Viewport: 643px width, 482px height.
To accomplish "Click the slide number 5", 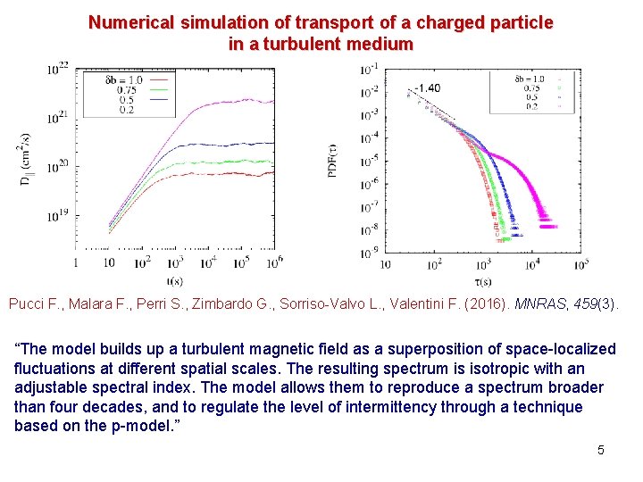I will [x=601, y=450].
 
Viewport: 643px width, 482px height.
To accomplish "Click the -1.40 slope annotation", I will [x=426, y=87].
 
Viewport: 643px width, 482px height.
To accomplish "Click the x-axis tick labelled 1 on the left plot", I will [x=76, y=262].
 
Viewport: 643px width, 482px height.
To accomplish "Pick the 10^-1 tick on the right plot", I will [x=369, y=68].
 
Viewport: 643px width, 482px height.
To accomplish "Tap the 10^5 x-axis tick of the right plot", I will [x=580, y=264].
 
